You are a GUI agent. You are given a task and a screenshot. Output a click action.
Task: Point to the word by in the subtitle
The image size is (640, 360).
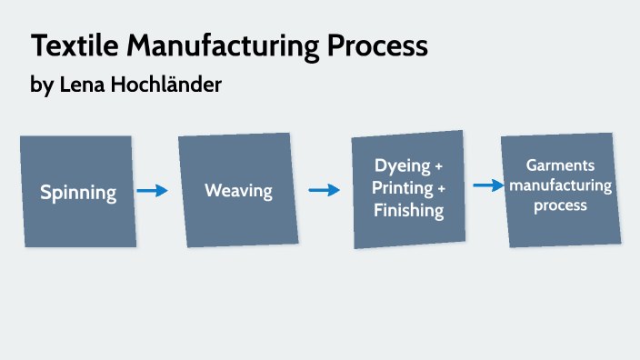click(41, 85)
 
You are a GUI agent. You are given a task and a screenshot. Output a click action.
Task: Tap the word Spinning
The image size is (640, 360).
click(78, 192)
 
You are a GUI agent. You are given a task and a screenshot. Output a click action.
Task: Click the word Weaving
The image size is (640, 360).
click(238, 191)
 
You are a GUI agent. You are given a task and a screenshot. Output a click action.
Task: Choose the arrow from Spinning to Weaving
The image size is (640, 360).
click(153, 191)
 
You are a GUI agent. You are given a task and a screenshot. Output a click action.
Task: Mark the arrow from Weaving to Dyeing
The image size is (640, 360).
click(324, 190)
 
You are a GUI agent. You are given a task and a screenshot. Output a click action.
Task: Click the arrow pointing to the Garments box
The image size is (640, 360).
click(488, 185)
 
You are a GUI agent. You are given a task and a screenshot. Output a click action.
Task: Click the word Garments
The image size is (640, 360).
click(560, 165)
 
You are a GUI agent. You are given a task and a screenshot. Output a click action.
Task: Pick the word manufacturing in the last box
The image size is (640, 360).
click(560, 185)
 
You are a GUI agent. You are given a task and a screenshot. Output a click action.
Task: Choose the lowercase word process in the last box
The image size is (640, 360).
click(560, 205)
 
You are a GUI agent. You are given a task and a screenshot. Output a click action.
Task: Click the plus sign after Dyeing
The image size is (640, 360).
click(440, 167)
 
